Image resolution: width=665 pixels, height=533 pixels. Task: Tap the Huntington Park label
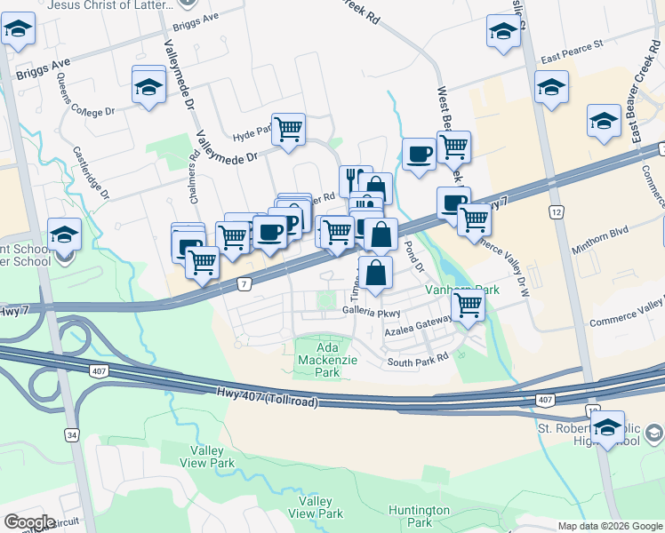point(419,516)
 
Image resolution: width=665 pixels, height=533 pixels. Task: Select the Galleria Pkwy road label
point(373,312)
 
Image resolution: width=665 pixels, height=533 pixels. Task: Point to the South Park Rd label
point(418,362)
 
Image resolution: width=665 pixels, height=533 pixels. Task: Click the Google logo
point(29,521)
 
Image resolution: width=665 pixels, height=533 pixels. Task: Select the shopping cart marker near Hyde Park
point(288,130)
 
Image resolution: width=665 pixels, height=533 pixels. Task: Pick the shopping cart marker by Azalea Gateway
point(468,306)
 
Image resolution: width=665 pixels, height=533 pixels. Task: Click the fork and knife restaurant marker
point(355,179)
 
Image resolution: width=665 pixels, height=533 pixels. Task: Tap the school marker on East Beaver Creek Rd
point(604,121)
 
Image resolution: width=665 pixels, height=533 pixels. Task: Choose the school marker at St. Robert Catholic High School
point(608,427)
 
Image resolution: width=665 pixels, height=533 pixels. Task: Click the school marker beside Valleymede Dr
point(148,85)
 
